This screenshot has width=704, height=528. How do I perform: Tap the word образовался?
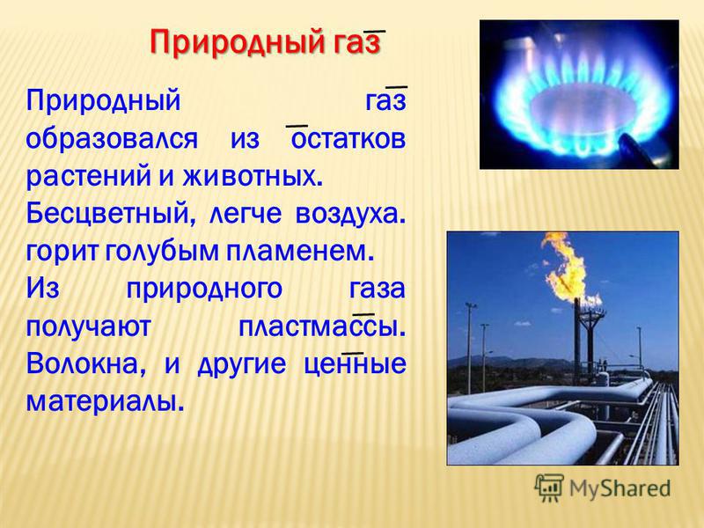coord(112,139)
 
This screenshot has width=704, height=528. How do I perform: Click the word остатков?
coord(348,139)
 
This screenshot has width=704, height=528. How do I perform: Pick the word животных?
coord(251,176)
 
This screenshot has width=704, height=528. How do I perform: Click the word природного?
coord(204,290)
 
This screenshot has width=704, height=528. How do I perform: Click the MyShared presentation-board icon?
coord(549,488)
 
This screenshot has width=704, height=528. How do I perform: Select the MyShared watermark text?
coord(620,488)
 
